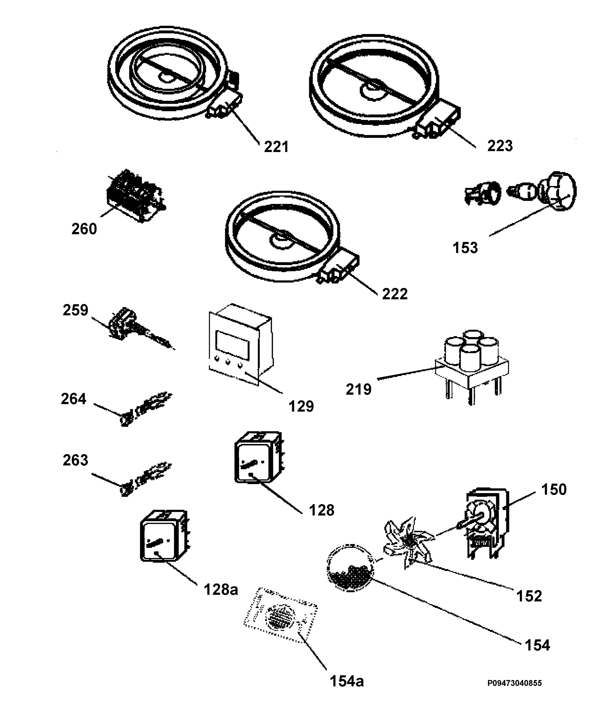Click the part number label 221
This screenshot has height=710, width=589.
[x=276, y=147]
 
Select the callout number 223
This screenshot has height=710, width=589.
[x=500, y=146]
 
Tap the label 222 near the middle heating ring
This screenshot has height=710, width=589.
[x=395, y=294]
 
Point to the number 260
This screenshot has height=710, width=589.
[x=84, y=229]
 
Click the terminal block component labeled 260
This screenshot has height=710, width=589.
[x=135, y=196]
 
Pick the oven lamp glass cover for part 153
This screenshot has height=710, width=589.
[x=558, y=191]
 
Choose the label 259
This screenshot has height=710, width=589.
[x=75, y=310]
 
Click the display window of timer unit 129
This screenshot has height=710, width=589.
[x=233, y=345]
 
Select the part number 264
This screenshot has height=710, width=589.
[x=73, y=399]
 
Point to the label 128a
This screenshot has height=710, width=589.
[x=221, y=590]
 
